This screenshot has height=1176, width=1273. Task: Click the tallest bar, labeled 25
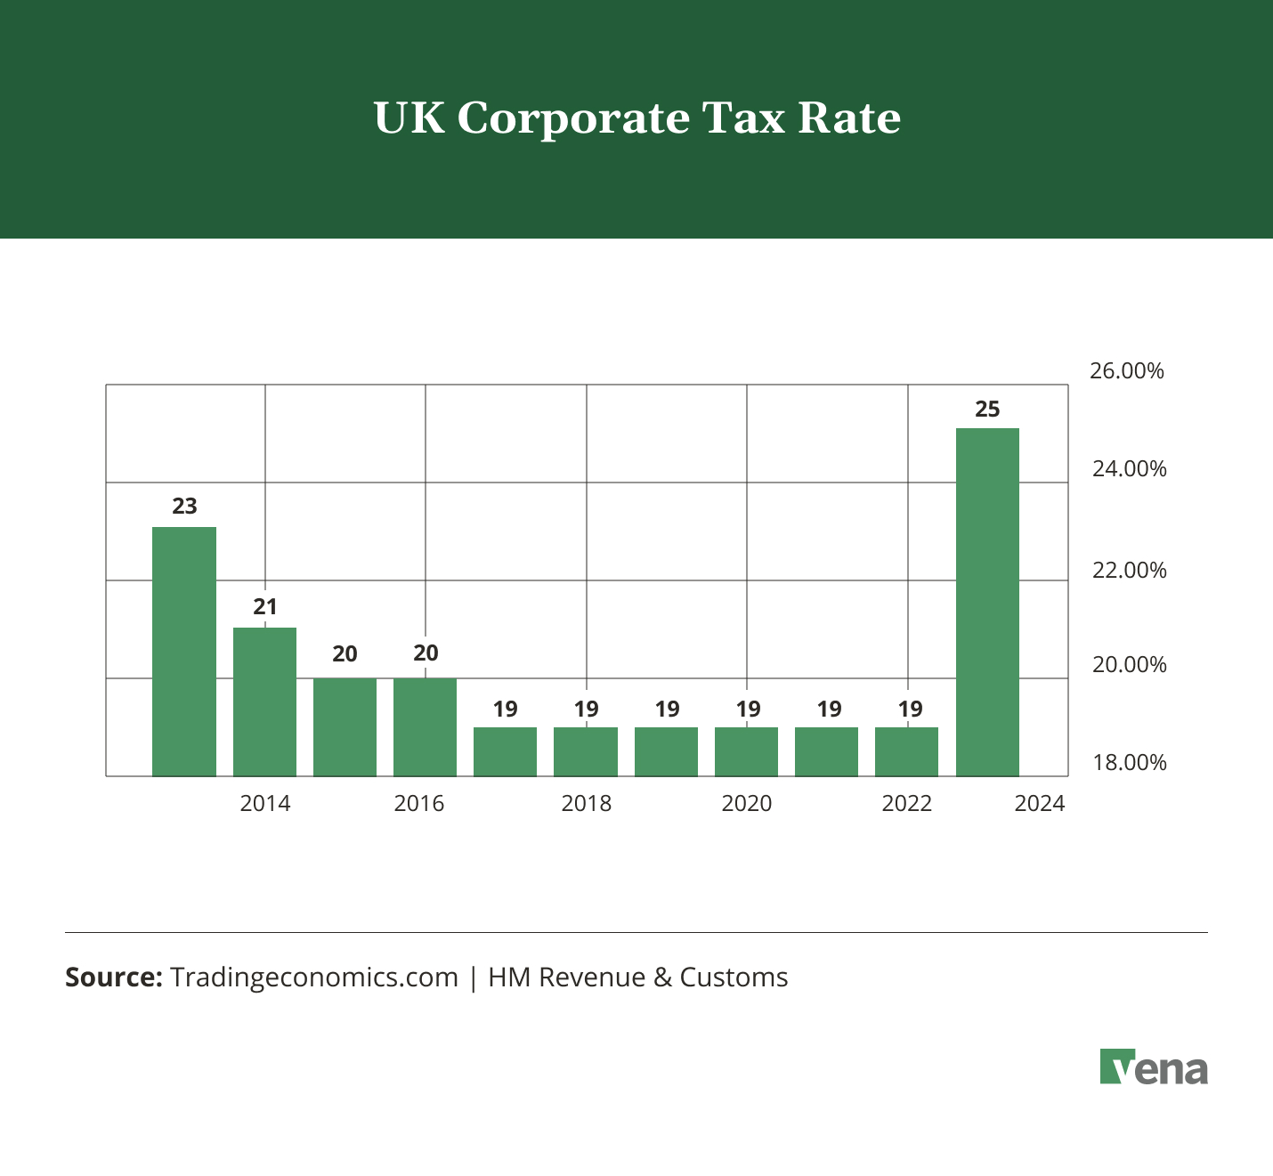click(987, 602)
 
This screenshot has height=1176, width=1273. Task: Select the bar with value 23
click(184, 652)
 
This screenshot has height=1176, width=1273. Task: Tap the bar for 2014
click(264, 702)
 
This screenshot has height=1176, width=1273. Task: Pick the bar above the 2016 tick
click(425, 727)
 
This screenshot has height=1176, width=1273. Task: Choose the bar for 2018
click(586, 752)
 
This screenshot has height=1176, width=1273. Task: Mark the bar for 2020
click(746, 752)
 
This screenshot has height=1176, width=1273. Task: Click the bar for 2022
click(906, 752)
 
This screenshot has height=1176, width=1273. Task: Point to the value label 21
click(265, 607)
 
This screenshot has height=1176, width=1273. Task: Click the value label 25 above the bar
click(987, 410)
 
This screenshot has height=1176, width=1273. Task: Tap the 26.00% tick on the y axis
click(1127, 371)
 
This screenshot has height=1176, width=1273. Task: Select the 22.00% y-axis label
click(1129, 570)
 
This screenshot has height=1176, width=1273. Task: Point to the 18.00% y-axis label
click(1129, 763)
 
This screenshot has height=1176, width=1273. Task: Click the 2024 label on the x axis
click(1040, 804)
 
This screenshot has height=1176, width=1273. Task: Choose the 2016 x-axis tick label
click(419, 804)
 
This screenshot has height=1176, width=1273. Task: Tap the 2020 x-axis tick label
click(746, 804)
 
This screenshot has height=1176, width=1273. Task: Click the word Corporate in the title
click(573, 118)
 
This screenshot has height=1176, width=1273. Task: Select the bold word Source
click(113, 977)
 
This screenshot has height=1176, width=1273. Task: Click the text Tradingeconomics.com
click(313, 977)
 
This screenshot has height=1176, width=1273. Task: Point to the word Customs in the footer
click(734, 977)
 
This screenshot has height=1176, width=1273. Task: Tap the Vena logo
click(1154, 1067)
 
